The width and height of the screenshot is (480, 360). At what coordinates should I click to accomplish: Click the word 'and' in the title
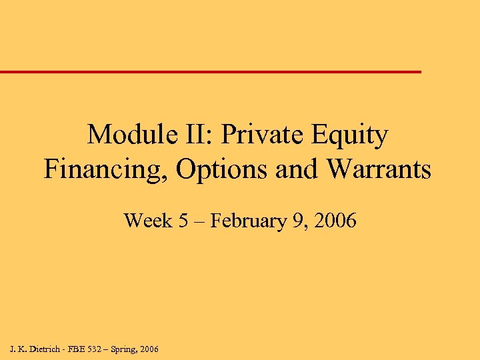click(297, 169)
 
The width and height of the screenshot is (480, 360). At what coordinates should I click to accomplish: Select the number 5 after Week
click(183, 221)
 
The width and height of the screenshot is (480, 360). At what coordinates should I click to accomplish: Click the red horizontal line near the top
click(211, 71)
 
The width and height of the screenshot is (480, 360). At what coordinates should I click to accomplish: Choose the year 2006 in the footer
click(151, 349)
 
